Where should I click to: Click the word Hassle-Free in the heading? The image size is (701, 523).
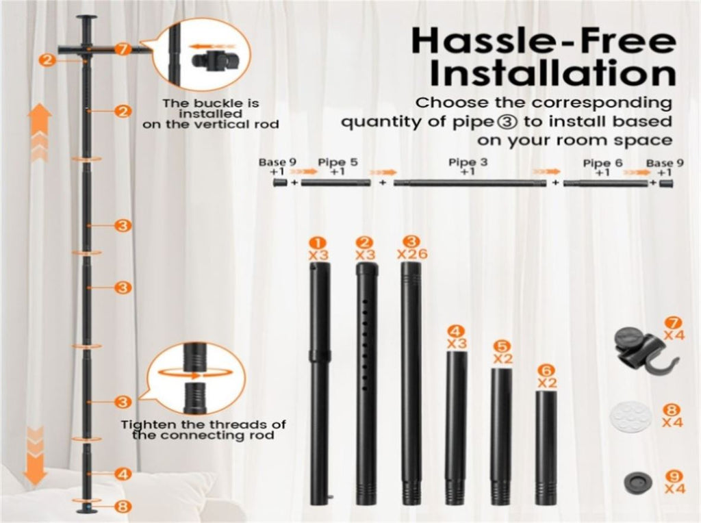pos(543,40)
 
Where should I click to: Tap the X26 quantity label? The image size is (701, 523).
pos(412,255)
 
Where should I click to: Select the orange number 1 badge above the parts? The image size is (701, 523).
pos(318,244)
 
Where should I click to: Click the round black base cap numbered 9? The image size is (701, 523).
pos(638,483)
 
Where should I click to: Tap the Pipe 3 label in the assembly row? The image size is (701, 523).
pos(468,162)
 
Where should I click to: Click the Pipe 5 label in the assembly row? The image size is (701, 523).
pos(338,162)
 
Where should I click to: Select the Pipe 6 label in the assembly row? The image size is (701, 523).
pos(602,163)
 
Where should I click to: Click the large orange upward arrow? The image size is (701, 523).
pos(39,132)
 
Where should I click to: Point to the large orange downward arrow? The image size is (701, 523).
pos(36,456)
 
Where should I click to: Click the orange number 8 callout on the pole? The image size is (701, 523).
pos(122,507)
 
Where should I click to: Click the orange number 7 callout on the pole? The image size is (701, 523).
pos(122,49)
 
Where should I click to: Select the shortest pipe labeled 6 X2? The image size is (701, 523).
pos(546,448)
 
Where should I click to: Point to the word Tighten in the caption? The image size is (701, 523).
pos(145,424)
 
